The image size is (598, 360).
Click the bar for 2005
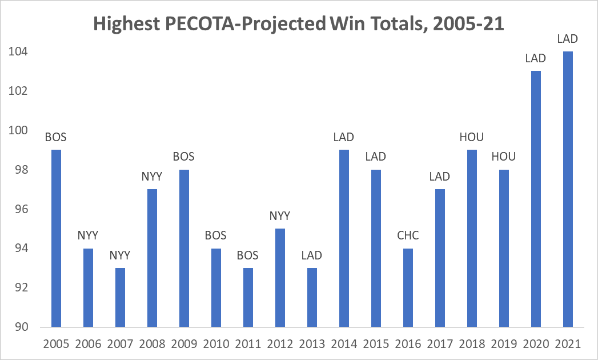55,238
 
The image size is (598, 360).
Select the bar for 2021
567,189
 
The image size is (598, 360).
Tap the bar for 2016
408,287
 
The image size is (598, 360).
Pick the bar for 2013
311,297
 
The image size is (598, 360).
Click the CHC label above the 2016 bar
408,235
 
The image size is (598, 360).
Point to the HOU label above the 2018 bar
471,137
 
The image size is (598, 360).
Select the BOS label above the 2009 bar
183,157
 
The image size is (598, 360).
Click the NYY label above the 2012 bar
279,216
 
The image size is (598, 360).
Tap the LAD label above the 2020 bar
535,58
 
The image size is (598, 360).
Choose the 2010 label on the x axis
215,344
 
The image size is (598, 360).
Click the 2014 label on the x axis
343,344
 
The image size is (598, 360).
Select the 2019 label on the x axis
503,344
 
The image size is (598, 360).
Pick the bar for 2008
151,258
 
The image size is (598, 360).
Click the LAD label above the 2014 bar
343,137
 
